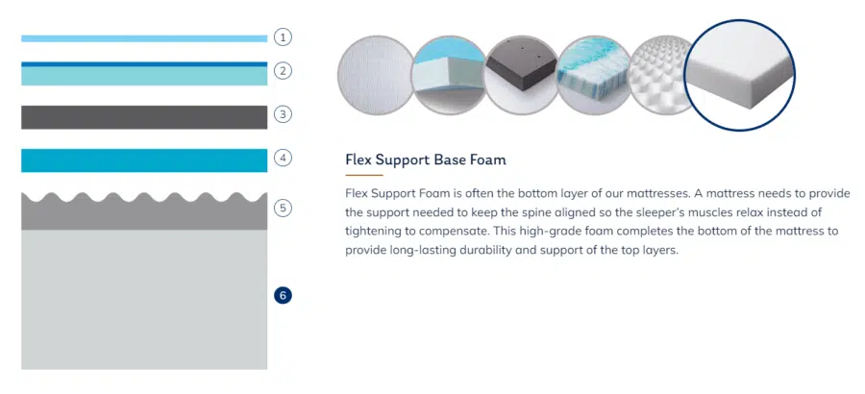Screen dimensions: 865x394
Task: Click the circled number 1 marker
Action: [x=283, y=37]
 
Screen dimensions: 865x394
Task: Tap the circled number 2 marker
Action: [x=283, y=71]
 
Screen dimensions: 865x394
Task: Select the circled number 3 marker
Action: [x=283, y=114]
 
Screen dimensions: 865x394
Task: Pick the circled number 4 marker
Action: [x=283, y=159]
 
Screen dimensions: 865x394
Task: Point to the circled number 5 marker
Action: [x=283, y=208]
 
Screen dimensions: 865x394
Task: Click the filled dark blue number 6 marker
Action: [x=283, y=296]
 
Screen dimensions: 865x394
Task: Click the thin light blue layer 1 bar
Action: [x=144, y=38]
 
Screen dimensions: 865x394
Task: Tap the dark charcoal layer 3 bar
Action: [x=144, y=117]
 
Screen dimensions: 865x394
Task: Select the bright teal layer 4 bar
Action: [x=144, y=160]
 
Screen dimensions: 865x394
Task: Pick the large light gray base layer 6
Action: [x=144, y=300]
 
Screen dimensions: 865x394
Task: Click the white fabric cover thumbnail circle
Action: [x=376, y=75]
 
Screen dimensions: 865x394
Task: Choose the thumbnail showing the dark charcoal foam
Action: [x=522, y=75]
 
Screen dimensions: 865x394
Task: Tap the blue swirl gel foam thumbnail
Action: [x=595, y=75]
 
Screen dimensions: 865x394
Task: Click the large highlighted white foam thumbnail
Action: [x=740, y=75]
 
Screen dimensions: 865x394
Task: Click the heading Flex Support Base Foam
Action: [x=426, y=160]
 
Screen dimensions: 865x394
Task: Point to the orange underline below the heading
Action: [x=364, y=175]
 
